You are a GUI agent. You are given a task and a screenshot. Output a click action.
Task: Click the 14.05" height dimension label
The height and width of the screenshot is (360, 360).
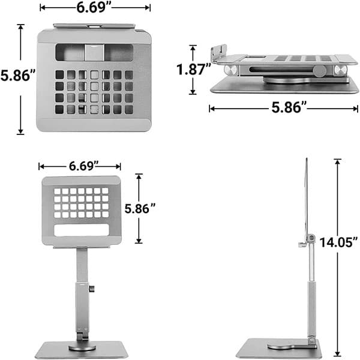(338, 242)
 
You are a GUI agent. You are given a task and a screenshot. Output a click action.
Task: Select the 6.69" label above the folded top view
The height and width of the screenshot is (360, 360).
(95, 7)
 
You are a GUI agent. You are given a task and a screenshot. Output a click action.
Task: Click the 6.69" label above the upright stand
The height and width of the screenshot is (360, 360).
(80, 166)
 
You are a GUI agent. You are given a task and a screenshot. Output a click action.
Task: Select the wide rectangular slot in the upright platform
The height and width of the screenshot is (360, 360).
(82, 230)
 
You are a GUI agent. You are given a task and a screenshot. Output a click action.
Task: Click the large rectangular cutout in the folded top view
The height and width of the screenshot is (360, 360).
(94, 53)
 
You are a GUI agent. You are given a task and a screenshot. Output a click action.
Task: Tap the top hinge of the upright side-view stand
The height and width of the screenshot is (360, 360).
(310, 239)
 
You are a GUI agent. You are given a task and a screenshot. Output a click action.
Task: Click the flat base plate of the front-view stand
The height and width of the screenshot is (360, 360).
(81, 352)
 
